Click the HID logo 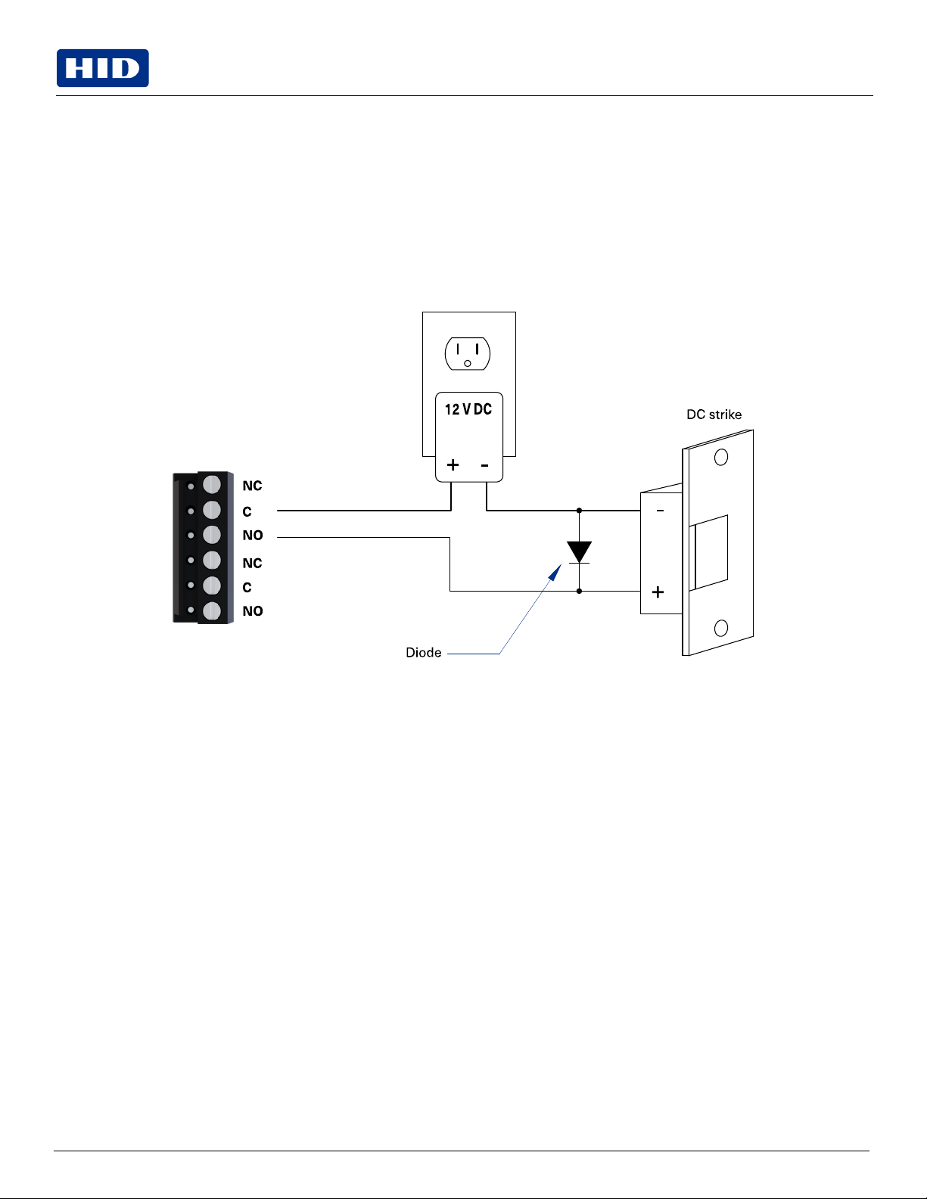tap(103, 68)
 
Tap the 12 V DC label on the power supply tap(468, 409)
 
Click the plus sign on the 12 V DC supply tap(453, 464)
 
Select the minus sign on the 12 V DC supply tap(484, 466)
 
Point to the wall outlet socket tap(468, 354)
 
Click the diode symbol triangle tap(579, 551)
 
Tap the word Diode tap(423, 653)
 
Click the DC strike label tap(714, 415)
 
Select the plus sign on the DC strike tap(658, 592)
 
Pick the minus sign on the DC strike tap(660, 511)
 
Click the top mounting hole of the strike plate tap(721, 457)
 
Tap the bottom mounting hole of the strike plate tap(721, 628)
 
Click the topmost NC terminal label tap(252, 486)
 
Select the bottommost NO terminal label tap(253, 610)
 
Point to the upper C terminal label tap(247, 511)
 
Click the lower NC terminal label tap(252, 563)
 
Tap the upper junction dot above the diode tap(579, 511)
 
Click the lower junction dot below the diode tap(579, 591)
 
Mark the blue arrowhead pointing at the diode tap(555, 572)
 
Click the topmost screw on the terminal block tap(212, 484)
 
